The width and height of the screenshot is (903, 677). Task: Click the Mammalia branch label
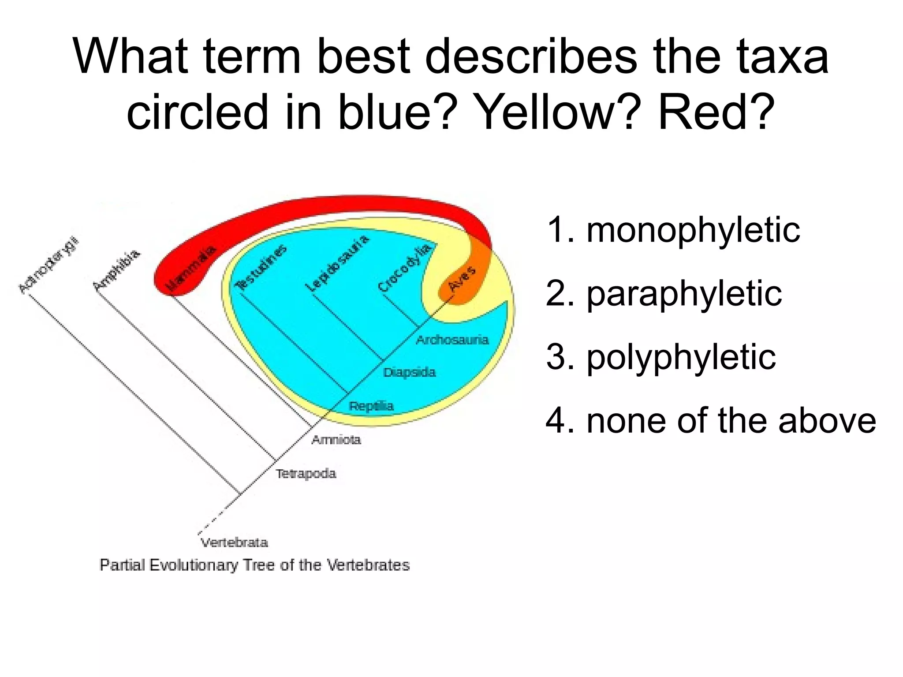coord(191,268)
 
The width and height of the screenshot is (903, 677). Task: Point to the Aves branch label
coord(462,279)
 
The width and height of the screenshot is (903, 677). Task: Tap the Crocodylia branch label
coord(404,268)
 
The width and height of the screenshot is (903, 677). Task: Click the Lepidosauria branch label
coord(337,263)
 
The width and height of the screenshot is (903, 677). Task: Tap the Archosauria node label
coord(452,340)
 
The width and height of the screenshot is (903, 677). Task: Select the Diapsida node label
coord(409,373)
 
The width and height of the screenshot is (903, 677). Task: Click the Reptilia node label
coord(371,406)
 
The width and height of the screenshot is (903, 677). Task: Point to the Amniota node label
coord(336,440)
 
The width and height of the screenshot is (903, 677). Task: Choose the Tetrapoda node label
coord(306,474)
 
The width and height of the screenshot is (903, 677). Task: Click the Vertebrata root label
coord(234,542)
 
